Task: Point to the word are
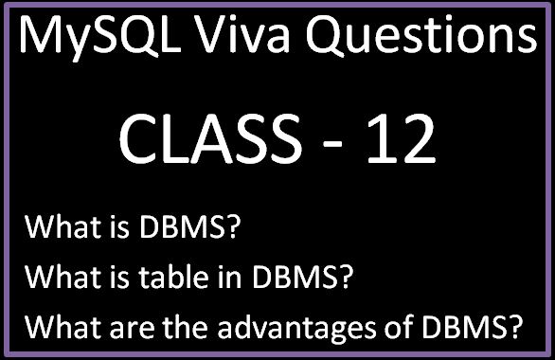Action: [116, 329]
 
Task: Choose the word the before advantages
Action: [173, 328]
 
